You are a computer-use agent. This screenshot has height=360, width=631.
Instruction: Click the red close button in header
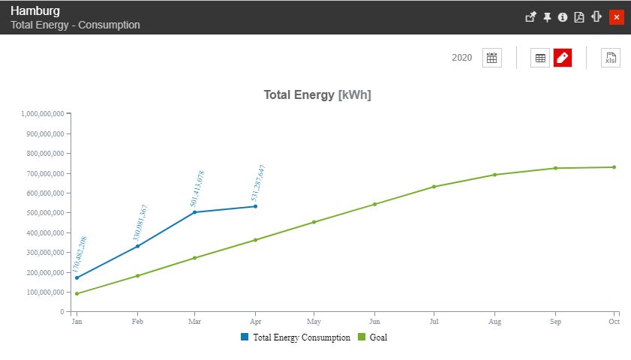tap(616, 17)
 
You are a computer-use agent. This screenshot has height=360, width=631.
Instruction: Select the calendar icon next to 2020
tap(491, 58)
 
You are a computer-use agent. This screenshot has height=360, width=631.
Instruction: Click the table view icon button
tap(540, 58)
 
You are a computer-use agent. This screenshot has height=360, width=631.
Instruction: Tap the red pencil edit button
tap(563, 58)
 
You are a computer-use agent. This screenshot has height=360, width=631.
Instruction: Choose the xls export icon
tap(610, 58)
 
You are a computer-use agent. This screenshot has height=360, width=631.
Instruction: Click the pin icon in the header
tap(547, 17)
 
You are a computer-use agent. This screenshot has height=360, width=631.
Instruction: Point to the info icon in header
tap(563, 17)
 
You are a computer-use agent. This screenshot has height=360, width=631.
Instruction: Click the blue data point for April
tap(255, 206)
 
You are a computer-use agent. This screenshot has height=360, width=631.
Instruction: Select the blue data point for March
tap(195, 212)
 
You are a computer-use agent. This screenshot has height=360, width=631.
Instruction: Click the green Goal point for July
tap(434, 187)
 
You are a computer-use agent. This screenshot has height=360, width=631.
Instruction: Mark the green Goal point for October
tap(614, 167)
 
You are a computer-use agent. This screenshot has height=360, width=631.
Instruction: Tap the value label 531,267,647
tap(258, 184)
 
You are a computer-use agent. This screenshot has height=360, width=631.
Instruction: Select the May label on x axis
tap(314, 322)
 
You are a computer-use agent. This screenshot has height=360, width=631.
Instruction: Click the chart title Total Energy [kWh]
tap(317, 95)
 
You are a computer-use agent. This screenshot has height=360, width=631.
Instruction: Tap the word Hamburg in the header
tap(35, 11)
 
